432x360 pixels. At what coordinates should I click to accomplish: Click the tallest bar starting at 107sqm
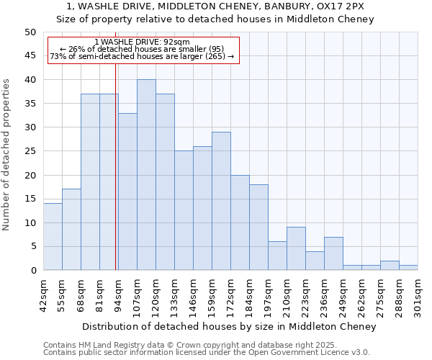pos(146,175)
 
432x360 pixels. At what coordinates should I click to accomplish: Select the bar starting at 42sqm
pos(53,237)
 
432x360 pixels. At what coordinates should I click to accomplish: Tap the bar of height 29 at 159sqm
pos(221,201)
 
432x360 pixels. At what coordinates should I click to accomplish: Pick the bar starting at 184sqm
pos(258,228)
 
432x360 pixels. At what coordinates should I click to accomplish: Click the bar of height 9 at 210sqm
pos(296,249)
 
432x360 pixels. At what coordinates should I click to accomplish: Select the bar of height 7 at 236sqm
pos(333,253)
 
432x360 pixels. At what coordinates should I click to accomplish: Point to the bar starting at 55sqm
pos(71,230)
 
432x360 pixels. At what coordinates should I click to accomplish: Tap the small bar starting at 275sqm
pos(390,266)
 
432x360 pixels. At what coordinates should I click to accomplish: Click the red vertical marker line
pos(115,166)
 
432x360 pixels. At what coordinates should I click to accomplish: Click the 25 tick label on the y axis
pos(30,151)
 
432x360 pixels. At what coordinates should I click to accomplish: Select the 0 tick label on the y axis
pos(33,271)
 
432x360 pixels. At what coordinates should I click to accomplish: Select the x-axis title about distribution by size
pos(229,327)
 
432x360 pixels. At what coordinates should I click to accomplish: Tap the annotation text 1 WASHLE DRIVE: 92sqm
pos(142,42)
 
